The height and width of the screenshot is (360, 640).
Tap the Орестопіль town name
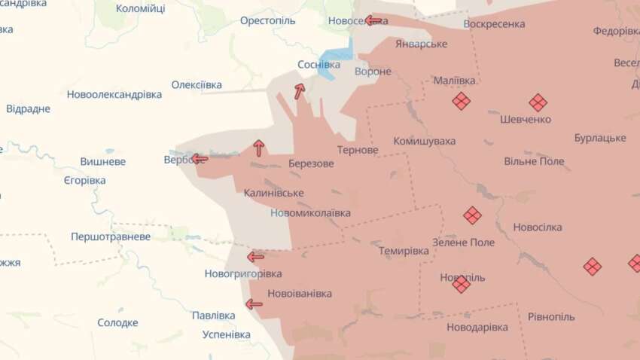[x=267, y=20]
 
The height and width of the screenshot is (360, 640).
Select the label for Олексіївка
[x=197, y=84]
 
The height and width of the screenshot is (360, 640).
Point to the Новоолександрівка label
[x=114, y=95]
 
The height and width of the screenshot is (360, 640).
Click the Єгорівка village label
[x=84, y=181]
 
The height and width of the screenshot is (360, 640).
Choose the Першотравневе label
[x=111, y=236]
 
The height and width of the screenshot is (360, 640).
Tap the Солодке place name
[x=117, y=322]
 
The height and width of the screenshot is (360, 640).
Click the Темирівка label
[x=404, y=251]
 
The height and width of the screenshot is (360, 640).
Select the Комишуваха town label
[x=424, y=141]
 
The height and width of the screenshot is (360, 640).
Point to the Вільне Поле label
[x=534, y=161]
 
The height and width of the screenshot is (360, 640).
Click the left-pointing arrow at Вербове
[x=199, y=159]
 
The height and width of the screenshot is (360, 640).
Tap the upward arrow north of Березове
[x=259, y=148]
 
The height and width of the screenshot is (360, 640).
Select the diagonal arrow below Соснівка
[x=299, y=92]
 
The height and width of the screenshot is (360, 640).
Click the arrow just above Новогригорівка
[x=255, y=257]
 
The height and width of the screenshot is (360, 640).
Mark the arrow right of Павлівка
[x=254, y=304]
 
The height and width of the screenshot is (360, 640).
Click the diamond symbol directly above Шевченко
[x=538, y=102]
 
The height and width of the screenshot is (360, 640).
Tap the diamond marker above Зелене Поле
[x=472, y=215]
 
